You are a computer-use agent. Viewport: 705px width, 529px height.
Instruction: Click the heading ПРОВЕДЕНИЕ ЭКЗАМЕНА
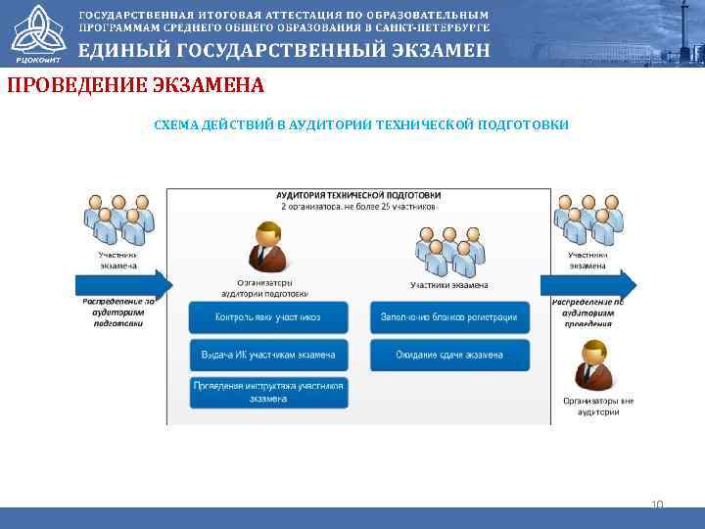coord(135,85)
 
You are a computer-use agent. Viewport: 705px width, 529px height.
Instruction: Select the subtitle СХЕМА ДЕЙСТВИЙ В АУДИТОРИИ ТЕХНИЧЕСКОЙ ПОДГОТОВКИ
coord(360,125)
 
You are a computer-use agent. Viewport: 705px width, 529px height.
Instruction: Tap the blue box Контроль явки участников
coord(268,317)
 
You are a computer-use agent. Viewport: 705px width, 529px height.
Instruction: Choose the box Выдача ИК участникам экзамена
coord(268,355)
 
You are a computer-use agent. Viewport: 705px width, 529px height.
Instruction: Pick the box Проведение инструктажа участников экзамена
coord(268,392)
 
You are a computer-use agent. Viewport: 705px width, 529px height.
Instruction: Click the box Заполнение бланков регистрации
coord(449,317)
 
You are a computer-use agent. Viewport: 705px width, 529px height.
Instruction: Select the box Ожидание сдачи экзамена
coord(449,355)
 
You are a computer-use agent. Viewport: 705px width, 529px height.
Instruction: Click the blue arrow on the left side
coord(123,285)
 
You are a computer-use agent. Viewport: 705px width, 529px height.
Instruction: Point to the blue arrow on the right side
coord(588,285)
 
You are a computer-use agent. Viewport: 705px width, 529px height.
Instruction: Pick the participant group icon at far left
coord(117,219)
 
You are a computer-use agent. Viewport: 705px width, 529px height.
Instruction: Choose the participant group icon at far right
coord(587,219)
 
